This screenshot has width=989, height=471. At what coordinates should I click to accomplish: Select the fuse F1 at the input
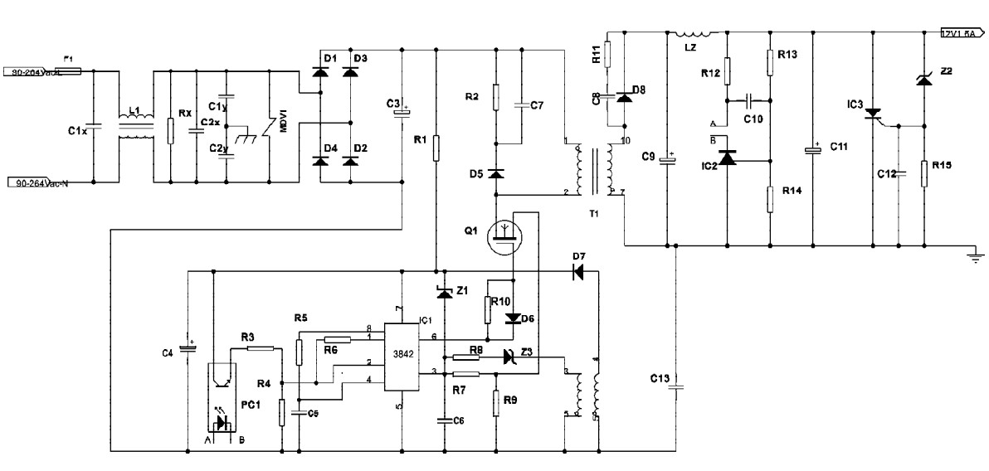pyautogui.click(x=69, y=71)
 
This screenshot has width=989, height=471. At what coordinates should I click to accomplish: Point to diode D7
pyautogui.click(x=578, y=270)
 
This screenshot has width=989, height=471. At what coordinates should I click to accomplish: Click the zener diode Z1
pyautogui.click(x=444, y=292)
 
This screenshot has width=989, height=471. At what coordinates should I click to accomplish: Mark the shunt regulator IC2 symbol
pyautogui.click(x=728, y=158)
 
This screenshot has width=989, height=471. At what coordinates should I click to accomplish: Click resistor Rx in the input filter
pyautogui.click(x=169, y=131)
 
